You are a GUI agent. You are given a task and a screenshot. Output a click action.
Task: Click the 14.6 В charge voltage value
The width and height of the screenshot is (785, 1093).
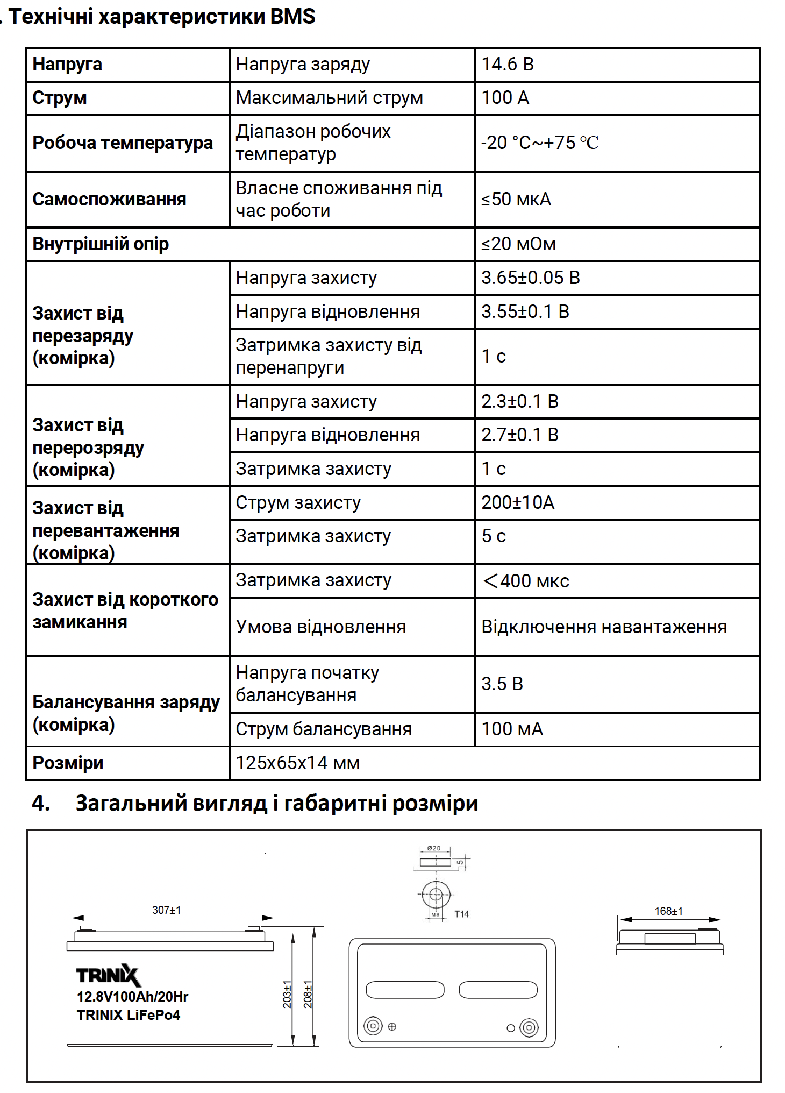(508, 65)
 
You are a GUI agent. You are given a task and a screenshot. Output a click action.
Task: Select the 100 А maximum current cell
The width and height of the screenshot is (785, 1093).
(505, 98)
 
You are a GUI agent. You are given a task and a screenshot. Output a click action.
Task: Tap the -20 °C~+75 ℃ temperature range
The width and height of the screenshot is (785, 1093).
(540, 143)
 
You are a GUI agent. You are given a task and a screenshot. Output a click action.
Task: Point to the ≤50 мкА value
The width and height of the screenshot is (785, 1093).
(516, 200)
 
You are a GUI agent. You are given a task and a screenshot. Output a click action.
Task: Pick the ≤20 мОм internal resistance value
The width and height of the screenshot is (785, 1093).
(518, 244)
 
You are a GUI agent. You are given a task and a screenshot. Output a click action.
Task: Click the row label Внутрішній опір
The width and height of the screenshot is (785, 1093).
(101, 244)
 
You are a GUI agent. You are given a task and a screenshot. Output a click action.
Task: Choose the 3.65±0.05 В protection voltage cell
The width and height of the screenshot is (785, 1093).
(531, 278)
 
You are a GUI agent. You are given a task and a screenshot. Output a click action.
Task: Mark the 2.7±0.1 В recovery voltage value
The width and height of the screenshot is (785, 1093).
(520, 435)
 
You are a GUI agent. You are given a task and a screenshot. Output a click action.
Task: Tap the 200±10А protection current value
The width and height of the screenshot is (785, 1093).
(518, 503)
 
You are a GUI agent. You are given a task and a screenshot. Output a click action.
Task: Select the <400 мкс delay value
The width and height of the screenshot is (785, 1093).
(526, 581)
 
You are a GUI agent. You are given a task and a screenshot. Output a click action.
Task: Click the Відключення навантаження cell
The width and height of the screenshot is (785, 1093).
(604, 627)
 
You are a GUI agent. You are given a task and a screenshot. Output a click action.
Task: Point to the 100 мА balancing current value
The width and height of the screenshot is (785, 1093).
(512, 729)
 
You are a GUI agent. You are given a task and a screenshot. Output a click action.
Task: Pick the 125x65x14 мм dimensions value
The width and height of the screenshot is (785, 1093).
(297, 763)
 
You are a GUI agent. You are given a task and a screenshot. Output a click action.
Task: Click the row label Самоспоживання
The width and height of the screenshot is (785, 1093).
(109, 200)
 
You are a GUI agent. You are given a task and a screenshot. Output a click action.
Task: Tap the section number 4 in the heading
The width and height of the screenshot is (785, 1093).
(41, 804)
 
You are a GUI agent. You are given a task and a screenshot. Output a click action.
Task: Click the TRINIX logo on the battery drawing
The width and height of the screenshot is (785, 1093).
(108, 975)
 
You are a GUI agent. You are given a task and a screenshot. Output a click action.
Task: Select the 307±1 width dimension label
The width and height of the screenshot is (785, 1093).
(167, 910)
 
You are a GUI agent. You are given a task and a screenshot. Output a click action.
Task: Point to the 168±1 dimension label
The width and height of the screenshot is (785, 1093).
(668, 911)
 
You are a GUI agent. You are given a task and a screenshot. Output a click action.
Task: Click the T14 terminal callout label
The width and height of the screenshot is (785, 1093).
(462, 914)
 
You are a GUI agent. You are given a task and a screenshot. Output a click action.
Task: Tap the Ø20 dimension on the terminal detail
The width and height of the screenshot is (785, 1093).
(433, 848)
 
